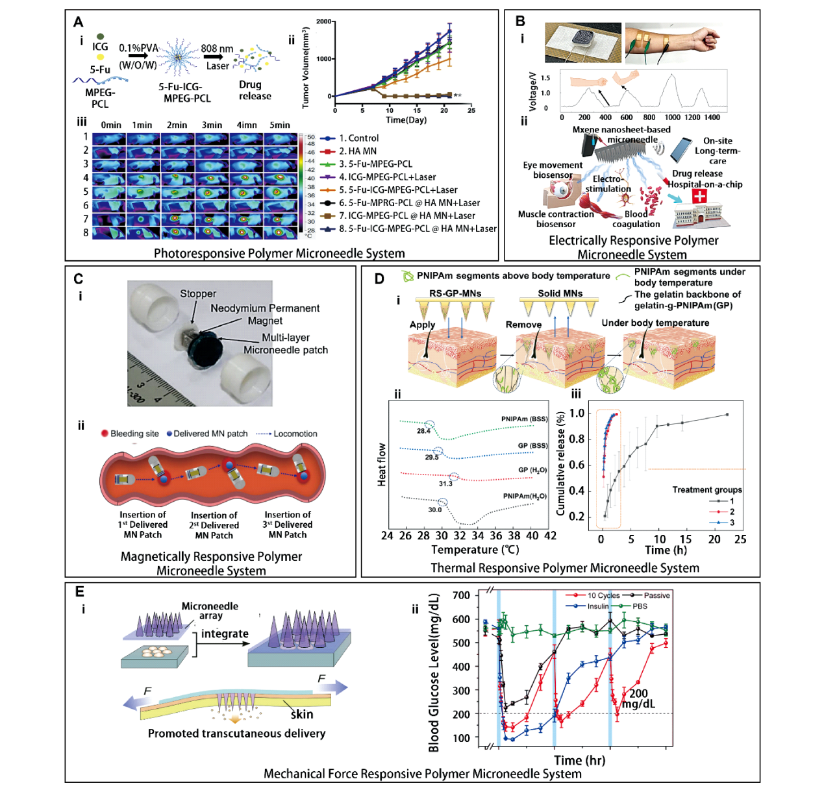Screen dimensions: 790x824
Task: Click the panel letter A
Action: coord(79,22)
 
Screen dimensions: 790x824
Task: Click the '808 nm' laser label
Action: coord(217,49)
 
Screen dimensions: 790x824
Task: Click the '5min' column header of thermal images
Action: coord(280,125)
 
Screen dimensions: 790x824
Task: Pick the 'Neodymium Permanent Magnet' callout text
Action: coord(265,314)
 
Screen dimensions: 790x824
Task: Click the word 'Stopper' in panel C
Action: coord(198,293)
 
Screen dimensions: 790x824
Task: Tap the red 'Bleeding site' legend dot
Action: coord(105,434)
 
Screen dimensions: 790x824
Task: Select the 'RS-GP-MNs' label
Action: coord(455,293)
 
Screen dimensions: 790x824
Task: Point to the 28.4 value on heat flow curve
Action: coord(423,431)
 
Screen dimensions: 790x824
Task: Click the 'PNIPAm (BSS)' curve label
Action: coord(524,419)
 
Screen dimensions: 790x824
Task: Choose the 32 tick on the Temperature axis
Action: coord(460,536)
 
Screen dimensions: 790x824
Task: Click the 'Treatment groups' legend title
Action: coord(706,489)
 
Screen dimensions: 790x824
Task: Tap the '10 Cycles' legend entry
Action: coord(603,595)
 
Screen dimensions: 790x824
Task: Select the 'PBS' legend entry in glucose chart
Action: coord(640,606)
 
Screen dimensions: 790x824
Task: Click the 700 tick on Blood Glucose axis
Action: coord(461,595)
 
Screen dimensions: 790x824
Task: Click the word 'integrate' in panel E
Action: coord(225,634)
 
